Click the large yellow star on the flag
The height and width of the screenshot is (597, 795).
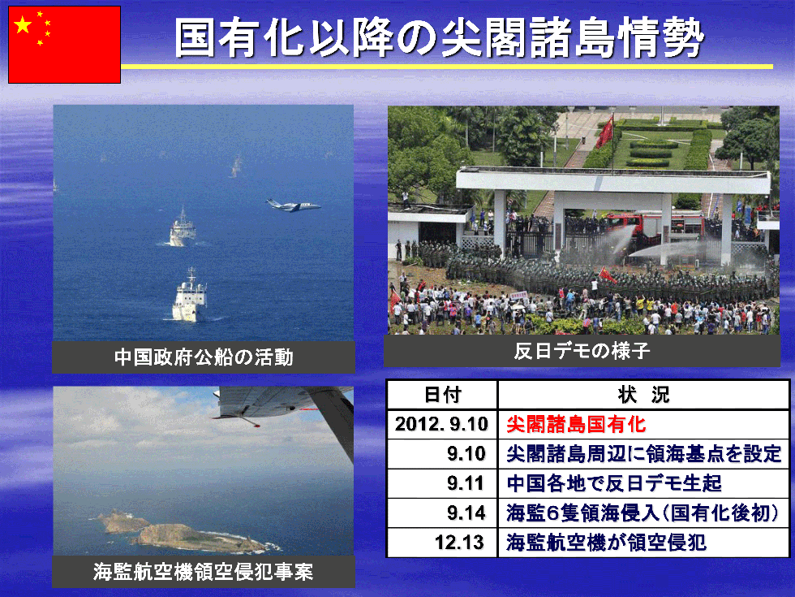tap(23, 24)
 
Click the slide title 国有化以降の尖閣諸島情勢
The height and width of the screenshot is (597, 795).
tap(439, 37)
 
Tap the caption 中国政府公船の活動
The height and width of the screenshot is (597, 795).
tap(204, 357)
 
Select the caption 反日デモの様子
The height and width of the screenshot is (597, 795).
tap(582, 351)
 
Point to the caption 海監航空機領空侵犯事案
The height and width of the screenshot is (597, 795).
tap(204, 572)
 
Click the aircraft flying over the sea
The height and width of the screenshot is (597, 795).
tap(294, 205)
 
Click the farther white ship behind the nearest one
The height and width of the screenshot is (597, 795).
tap(183, 229)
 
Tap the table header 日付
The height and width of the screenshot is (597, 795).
tap(443, 395)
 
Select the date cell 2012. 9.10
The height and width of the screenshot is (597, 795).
tap(441, 424)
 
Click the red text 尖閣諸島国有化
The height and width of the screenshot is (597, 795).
tap(576, 424)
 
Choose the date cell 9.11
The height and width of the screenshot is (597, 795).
tap(466, 482)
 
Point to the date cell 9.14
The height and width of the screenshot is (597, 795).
tap(466, 513)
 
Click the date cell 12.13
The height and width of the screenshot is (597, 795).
tap(460, 543)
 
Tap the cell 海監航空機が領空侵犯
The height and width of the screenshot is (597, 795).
tap(607, 543)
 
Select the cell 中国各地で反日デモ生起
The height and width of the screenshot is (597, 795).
tap(614, 482)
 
